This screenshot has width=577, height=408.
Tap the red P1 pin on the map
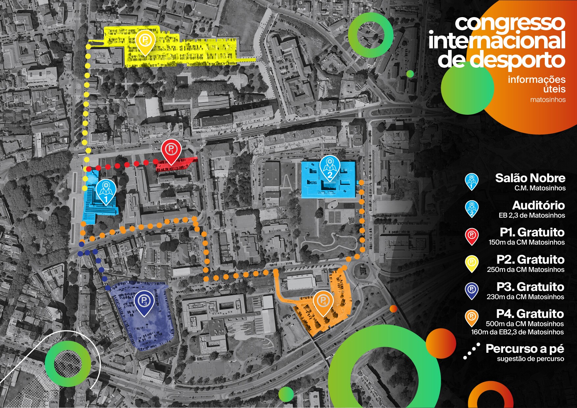pos(171,150)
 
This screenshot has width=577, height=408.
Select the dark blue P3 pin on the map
pos(144,301)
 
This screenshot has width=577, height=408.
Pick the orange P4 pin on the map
pos(323,301)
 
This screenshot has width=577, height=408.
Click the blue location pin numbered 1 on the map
pos(106,191)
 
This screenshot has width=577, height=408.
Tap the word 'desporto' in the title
pos(517,60)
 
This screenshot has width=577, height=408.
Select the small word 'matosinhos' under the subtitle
pos(548,100)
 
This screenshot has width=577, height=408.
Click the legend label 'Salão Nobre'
pos(530,178)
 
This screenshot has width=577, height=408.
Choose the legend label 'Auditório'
pos(538,205)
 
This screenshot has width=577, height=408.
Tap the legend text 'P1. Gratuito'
pos(532,232)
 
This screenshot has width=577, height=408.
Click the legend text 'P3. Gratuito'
pos(530,287)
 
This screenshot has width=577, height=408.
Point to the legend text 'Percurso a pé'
pos(525,348)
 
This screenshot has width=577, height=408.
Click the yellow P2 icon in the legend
pos(472,263)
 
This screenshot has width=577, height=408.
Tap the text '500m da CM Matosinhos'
pos(525,324)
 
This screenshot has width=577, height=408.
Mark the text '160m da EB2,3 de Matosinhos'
pos(517,332)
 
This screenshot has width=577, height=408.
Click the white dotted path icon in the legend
pos(472,351)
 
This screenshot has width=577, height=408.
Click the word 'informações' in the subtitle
pos(537,79)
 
